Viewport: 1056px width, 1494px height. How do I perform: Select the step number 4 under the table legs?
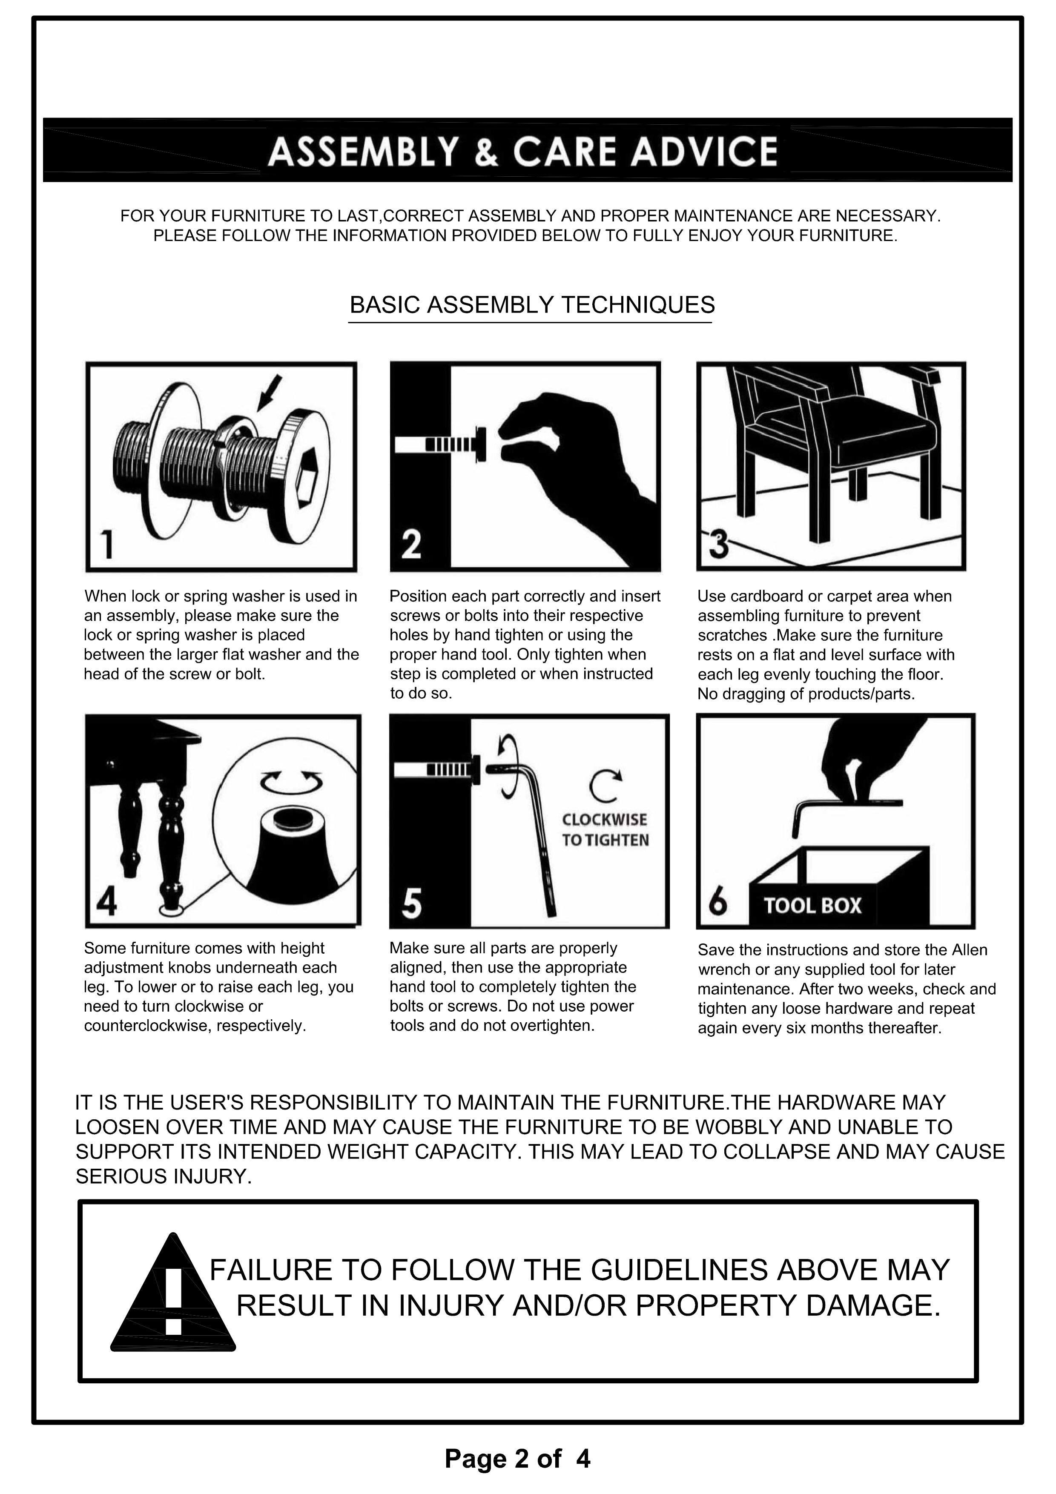[x=107, y=902]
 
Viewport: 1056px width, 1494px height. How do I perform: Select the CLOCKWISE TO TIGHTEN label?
[x=605, y=830]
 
